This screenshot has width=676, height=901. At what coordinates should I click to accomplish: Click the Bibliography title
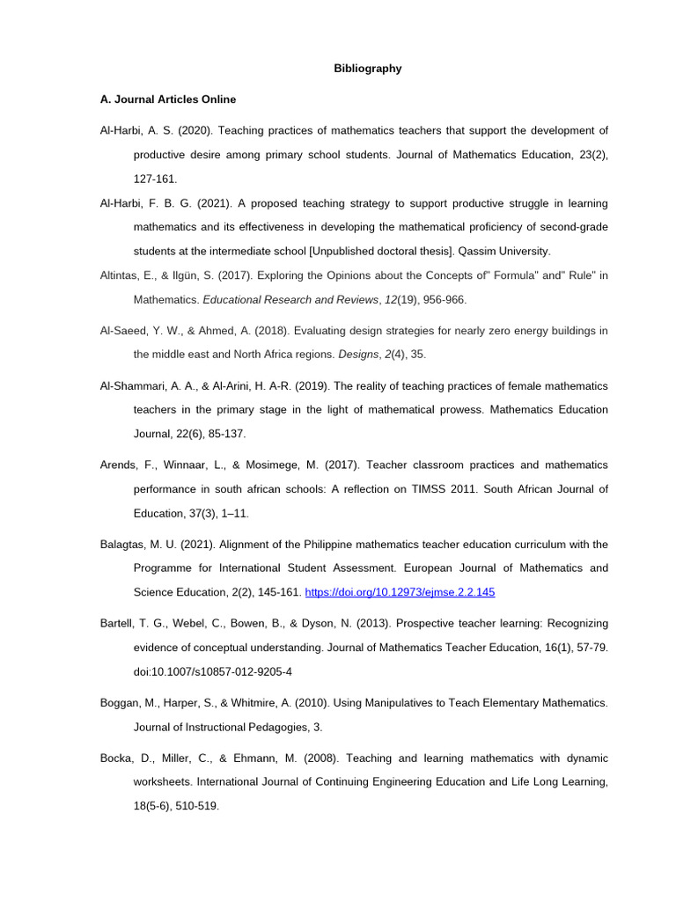coord(368,69)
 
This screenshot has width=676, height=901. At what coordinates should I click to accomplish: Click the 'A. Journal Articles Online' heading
coord(168,99)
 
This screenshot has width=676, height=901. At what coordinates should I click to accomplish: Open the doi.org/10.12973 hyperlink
coord(400,592)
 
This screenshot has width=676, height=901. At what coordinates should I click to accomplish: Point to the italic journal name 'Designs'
coord(357,355)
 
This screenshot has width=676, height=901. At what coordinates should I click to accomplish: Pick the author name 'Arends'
coord(120,465)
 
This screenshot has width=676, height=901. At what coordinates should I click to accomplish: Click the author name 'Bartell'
coord(119,623)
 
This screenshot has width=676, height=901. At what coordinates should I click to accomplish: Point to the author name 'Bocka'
coord(117,758)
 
